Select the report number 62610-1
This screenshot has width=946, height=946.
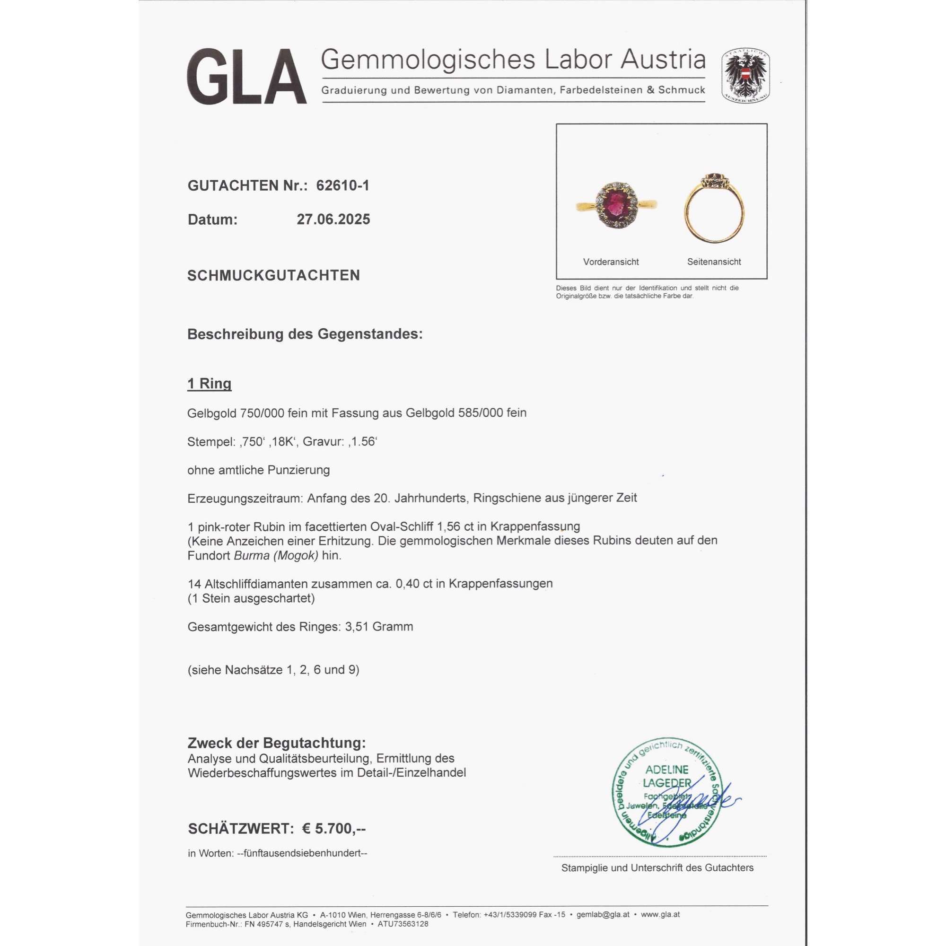[343, 185]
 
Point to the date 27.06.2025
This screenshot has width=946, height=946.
[333, 219]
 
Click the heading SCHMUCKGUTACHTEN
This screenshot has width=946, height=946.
[273, 275]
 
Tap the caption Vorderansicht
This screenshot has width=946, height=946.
[611, 262]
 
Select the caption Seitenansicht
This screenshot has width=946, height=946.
[714, 262]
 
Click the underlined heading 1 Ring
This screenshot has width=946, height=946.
[209, 384]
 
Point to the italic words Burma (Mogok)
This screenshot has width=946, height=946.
[276, 556]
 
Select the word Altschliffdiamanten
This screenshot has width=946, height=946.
[258, 584]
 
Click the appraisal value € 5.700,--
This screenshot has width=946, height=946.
[333, 829]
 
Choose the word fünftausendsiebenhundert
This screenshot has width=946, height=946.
[302, 853]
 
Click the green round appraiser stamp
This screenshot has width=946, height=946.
[667, 793]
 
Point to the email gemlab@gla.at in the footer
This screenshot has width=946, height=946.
[603, 914]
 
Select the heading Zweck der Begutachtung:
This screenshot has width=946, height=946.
[277, 743]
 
